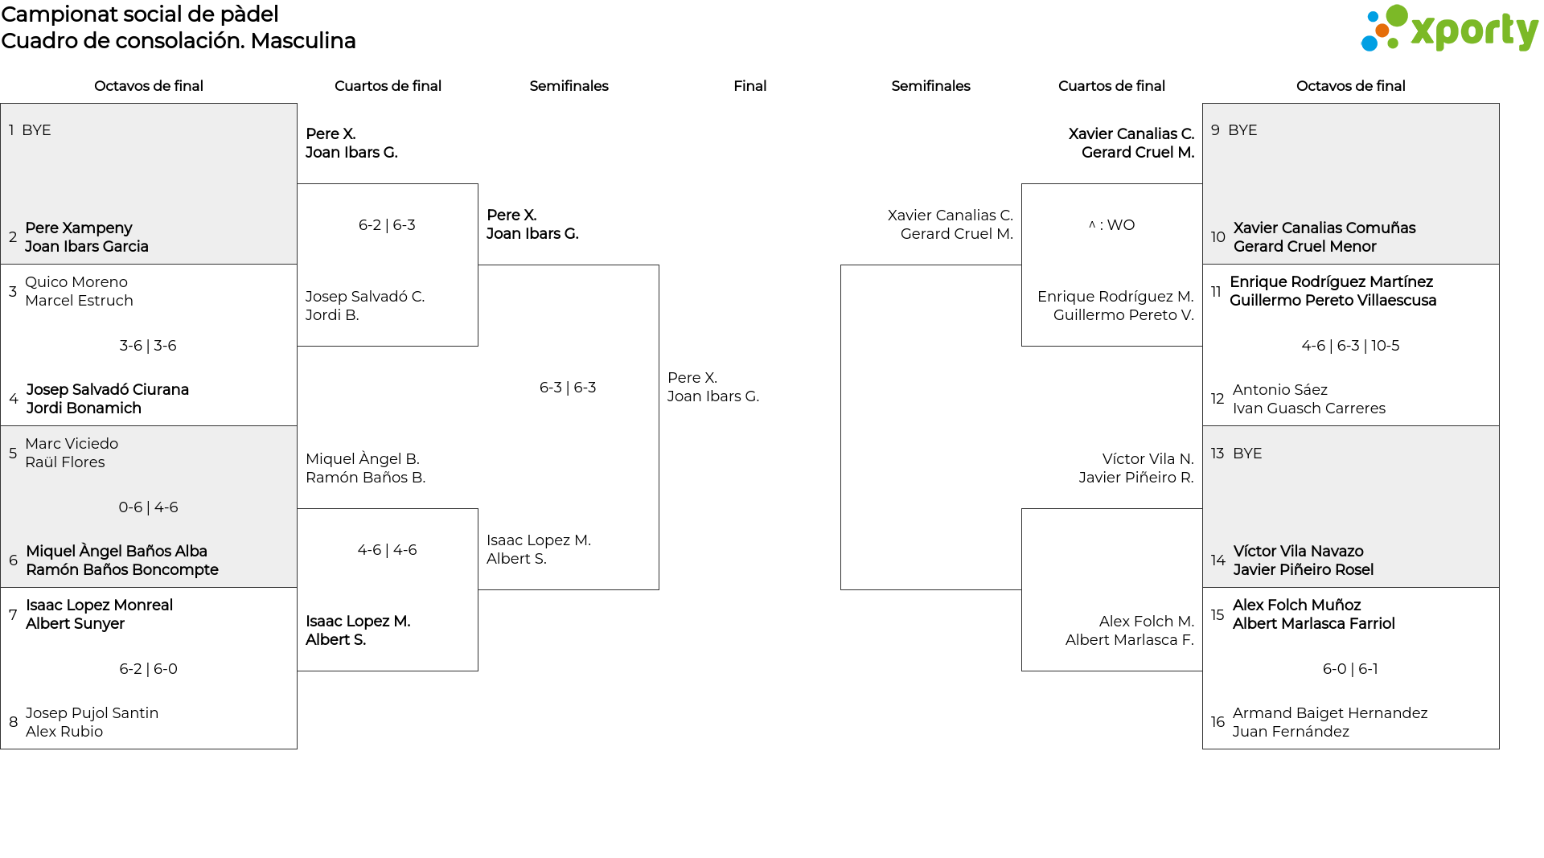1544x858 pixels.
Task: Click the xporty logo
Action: [x=1449, y=29]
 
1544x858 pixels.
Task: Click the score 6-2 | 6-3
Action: [x=387, y=225]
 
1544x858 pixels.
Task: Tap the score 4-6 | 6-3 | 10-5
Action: [x=1350, y=346]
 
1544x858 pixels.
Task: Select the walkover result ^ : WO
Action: [x=1111, y=225]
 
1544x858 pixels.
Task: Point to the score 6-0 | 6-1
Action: [x=1350, y=669]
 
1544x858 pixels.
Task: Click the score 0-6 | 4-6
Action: [x=148, y=507]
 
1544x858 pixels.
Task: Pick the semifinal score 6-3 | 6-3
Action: [x=568, y=388]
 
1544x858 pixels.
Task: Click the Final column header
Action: [x=749, y=86]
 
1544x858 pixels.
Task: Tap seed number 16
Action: [x=1218, y=722]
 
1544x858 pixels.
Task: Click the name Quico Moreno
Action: [x=76, y=282]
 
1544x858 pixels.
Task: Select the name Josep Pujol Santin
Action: [x=92, y=713]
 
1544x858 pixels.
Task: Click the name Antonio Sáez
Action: [x=1280, y=390]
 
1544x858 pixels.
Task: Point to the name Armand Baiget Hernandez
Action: [x=1330, y=713]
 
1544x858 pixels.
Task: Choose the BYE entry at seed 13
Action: [x=1247, y=454]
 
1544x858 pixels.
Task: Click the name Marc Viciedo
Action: [x=72, y=444]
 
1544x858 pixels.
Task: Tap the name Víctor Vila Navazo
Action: [x=1298, y=552]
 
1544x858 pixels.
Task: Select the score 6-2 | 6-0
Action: [x=148, y=669]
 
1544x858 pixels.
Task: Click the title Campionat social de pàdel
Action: [x=140, y=14]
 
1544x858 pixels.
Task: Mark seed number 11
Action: [x=1216, y=291]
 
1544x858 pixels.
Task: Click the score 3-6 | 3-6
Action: [x=148, y=346]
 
